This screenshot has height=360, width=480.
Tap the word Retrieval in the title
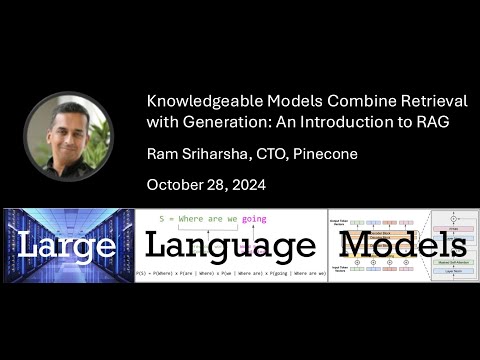click(435, 102)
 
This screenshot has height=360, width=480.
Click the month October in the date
click(177, 184)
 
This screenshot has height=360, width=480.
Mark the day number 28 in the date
click(221, 184)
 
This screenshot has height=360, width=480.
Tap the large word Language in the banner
click(231, 247)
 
